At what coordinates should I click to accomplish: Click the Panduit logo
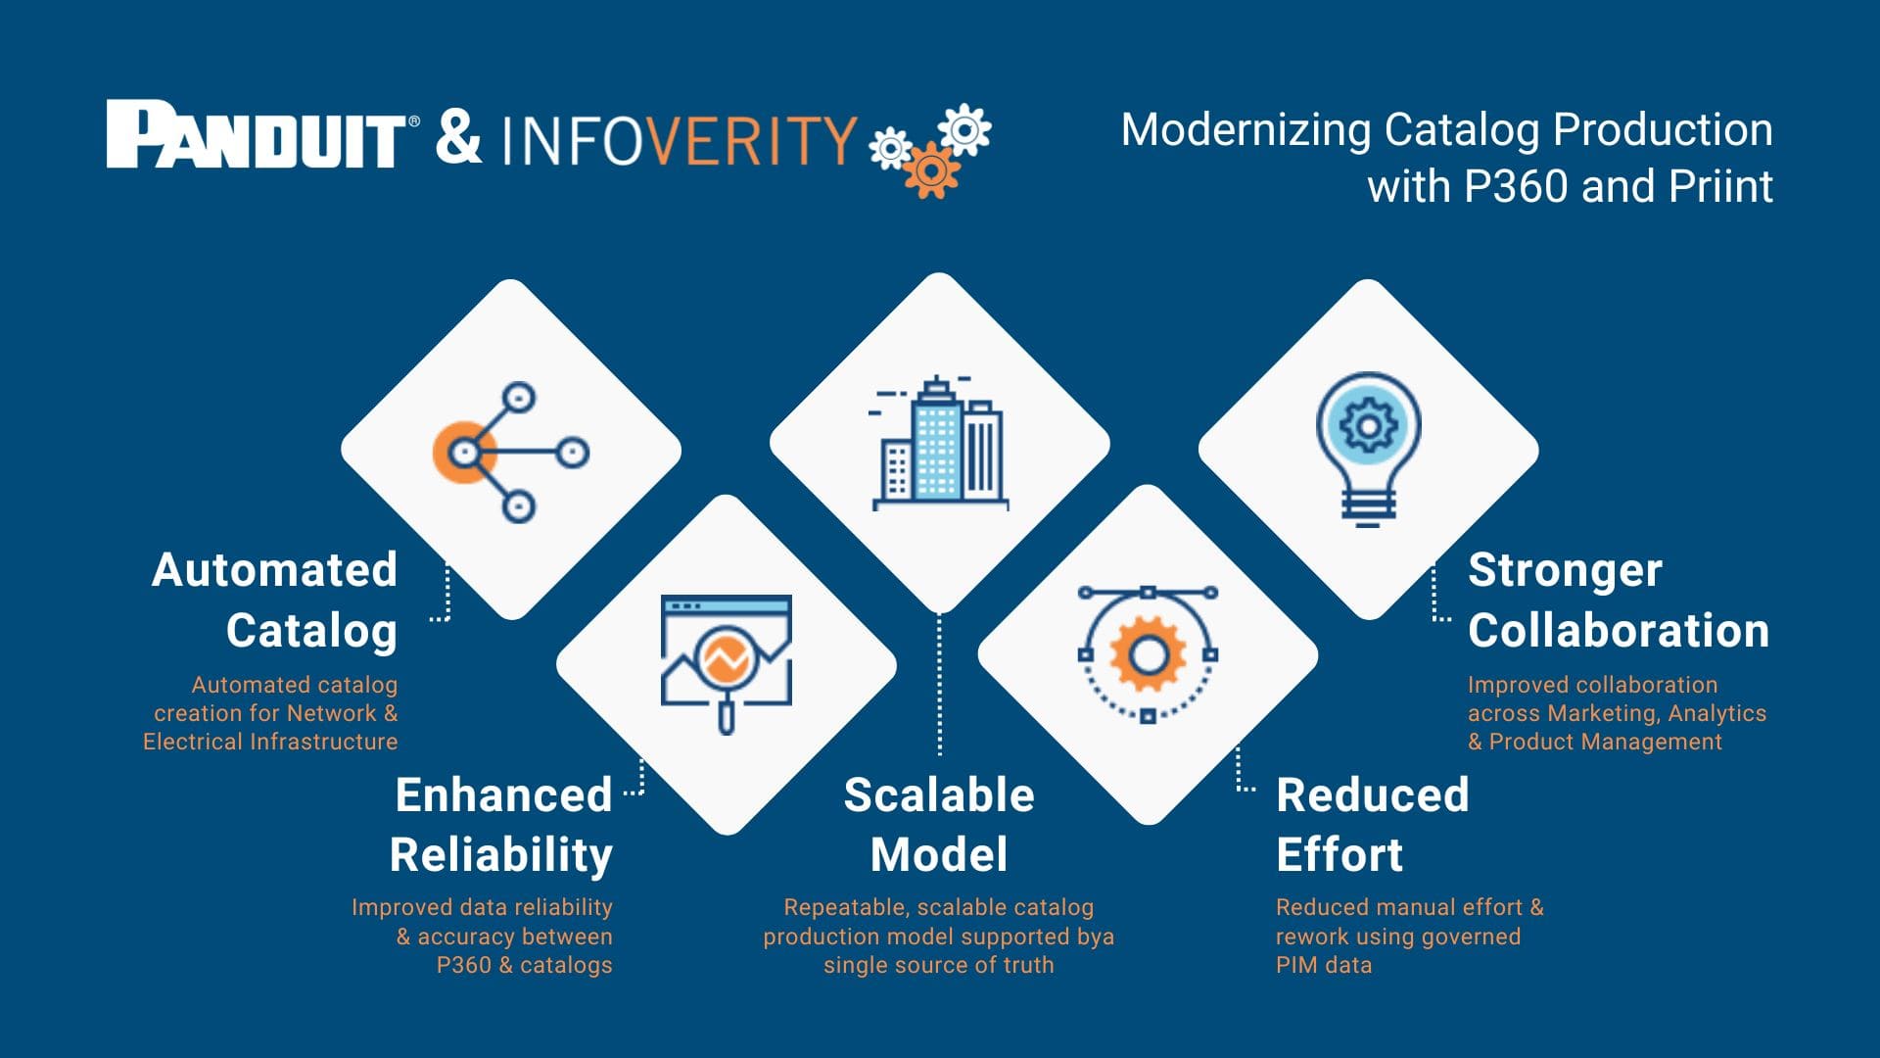coord(257,134)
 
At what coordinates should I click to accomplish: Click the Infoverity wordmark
coord(680,140)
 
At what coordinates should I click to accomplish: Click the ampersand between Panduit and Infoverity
coord(458,136)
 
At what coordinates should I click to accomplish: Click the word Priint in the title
coord(1720,186)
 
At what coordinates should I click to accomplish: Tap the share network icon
coord(510,452)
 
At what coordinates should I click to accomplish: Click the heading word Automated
coord(274,570)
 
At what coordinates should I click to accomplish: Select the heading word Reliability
coord(501,855)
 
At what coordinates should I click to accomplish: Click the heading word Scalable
coord(939,795)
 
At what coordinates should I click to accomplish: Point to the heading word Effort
coord(1339,855)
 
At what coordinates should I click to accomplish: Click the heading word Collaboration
coord(1618,631)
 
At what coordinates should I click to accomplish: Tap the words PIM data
coord(1324,965)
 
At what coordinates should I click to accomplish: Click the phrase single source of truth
coord(938,965)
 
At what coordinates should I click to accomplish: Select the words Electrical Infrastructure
coord(270,742)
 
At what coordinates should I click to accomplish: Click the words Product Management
coord(1605,742)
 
